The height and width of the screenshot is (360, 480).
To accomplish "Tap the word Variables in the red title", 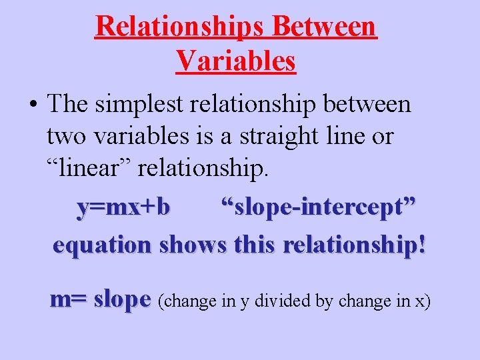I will [236, 61].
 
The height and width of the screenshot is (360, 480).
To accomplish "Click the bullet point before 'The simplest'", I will [33, 105].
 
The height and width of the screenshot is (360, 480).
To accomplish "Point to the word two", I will [67, 137].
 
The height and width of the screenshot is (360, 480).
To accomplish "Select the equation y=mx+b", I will [123, 207].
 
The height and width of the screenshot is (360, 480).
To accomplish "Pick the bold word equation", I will [103, 245].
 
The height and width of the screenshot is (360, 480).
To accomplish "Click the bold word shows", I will [193, 245].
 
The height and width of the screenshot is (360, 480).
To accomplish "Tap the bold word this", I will [256, 245].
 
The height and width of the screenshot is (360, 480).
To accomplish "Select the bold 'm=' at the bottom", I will [69, 299].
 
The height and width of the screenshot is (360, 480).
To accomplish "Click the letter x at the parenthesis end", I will [420, 302].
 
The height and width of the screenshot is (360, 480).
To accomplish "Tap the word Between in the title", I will [325, 26].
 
